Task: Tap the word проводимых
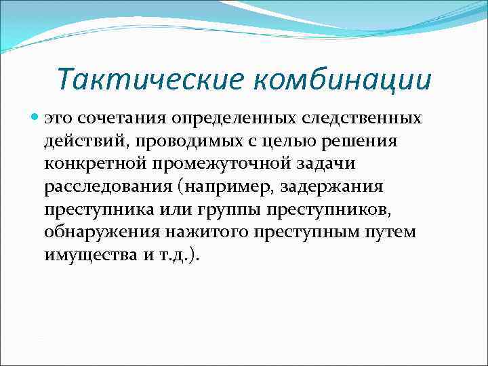coord(177,141)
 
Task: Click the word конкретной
coord(98,164)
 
